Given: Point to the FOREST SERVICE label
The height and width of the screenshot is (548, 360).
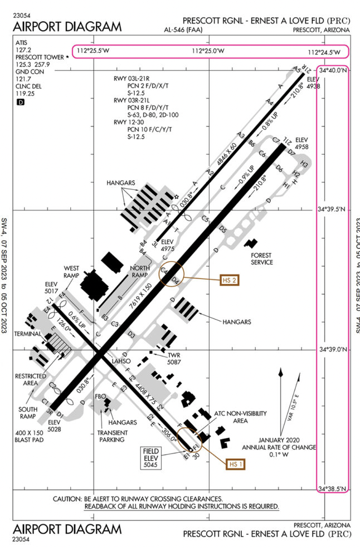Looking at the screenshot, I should [x=262, y=259].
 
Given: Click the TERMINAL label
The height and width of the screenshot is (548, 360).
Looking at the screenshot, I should [x=24, y=334].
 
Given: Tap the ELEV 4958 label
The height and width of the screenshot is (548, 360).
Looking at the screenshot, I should [x=301, y=143].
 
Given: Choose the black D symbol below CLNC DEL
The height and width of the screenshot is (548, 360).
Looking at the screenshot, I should [x=21, y=102].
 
